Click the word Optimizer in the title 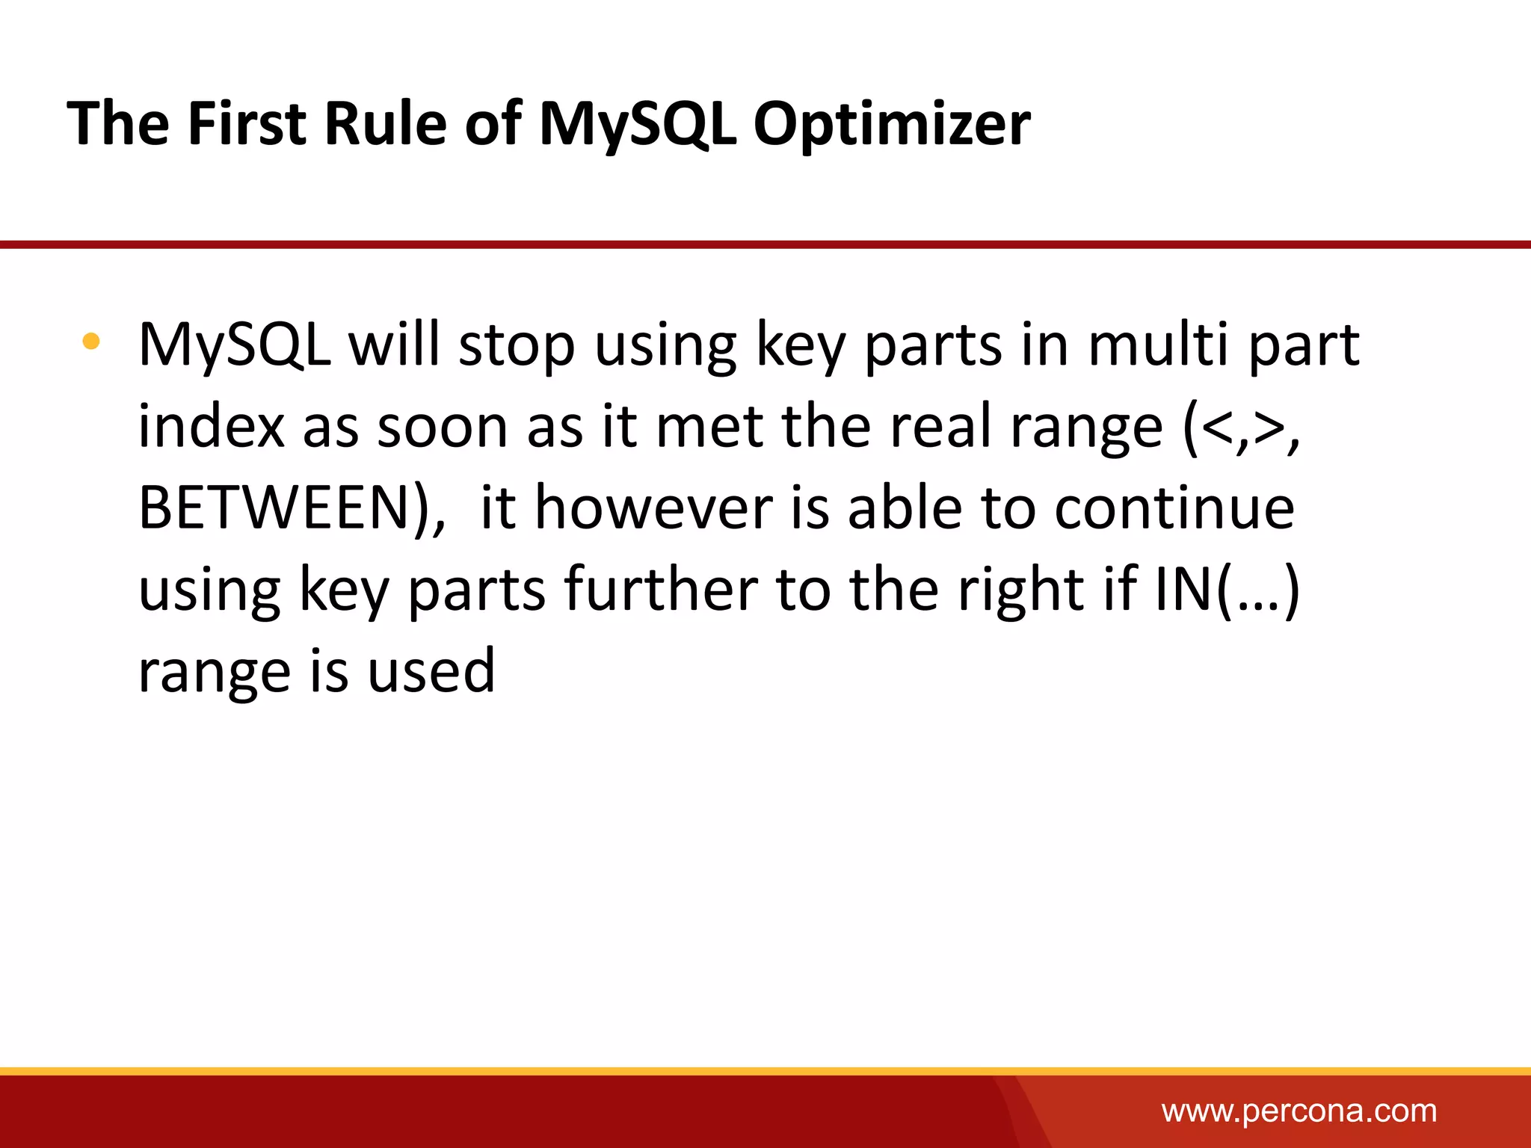coord(891,123)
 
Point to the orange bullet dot coord(91,342)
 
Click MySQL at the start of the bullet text coord(235,345)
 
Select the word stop coord(517,345)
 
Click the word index coord(212,427)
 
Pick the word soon coord(442,427)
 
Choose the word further coord(661,590)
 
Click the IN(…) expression coord(1226,590)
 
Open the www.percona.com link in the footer coord(1299,1111)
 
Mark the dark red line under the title coord(765,244)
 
